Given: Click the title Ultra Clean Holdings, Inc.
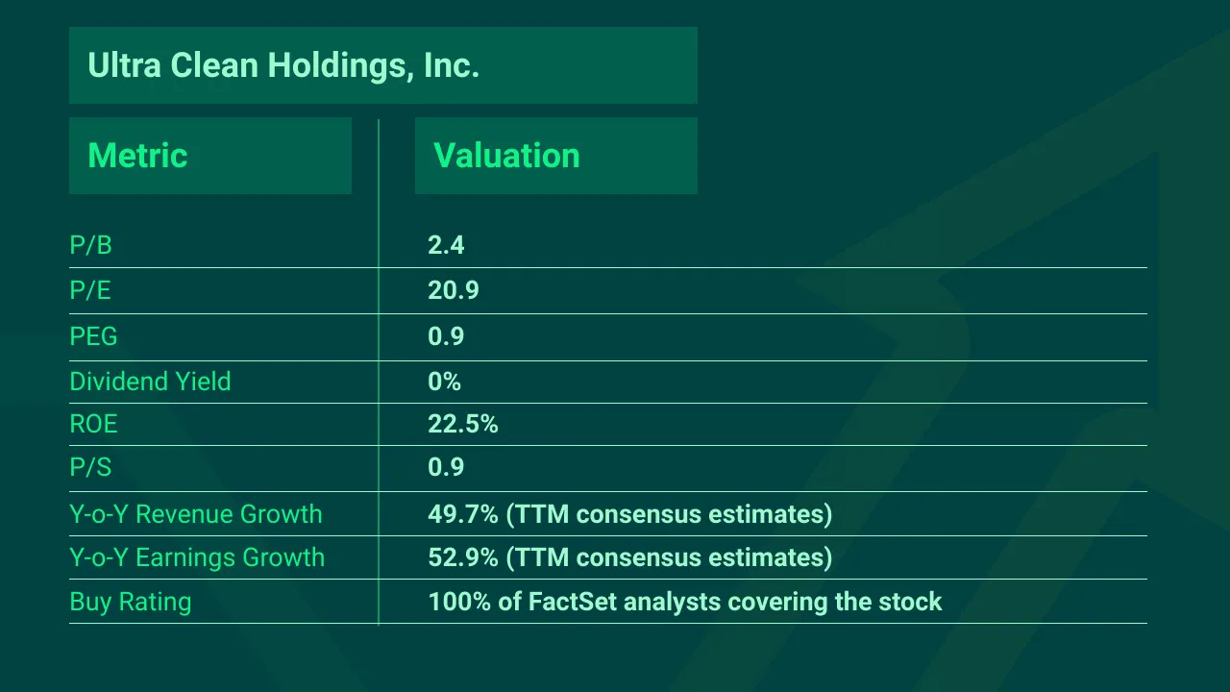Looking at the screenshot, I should (x=283, y=65).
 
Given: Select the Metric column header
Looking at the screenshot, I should (x=137, y=156).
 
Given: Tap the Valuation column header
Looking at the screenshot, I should (x=506, y=156).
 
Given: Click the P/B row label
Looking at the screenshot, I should (x=90, y=245).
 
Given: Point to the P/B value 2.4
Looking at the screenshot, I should (x=446, y=245).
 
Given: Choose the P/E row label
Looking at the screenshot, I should (x=90, y=290).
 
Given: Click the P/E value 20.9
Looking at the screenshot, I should (x=453, y=290).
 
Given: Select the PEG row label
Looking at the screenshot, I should (x=93, y=336).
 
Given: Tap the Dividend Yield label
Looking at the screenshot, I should (x=150, y=382).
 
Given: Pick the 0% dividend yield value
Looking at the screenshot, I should (x=444, y=382).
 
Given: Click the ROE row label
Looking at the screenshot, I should (x=93, y=424).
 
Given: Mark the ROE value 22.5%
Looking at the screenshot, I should (x=462, y=424).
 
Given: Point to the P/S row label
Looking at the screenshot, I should (x=90, y=467).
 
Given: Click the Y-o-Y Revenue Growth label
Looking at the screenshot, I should (x=196, y=514).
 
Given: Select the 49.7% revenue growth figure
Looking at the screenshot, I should (x=462, y=514).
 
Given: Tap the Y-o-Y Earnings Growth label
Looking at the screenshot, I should (x=197, y=557).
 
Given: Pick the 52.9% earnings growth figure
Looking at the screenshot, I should (x=462, y=557).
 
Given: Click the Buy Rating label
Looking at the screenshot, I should (x=131, y=603).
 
